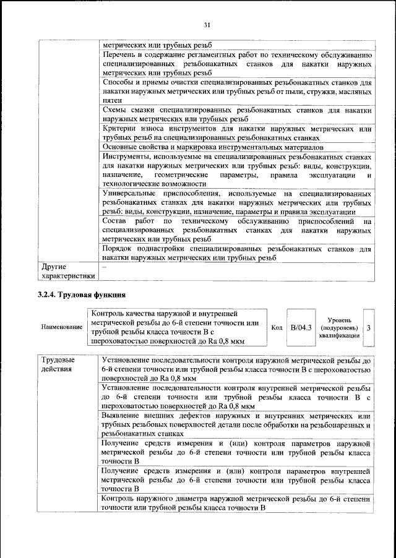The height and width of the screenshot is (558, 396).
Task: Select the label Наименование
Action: point(61,327)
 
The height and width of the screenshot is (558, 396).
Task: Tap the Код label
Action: point(277,327)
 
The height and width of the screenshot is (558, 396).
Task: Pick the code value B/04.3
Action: point(301,327)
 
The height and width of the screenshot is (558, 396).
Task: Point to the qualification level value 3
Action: point(369,327)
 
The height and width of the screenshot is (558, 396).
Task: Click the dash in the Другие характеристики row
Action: point(105,267)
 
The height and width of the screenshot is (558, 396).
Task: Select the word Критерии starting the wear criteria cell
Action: point(120,128)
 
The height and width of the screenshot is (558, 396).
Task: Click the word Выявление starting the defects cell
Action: point(124,414)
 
